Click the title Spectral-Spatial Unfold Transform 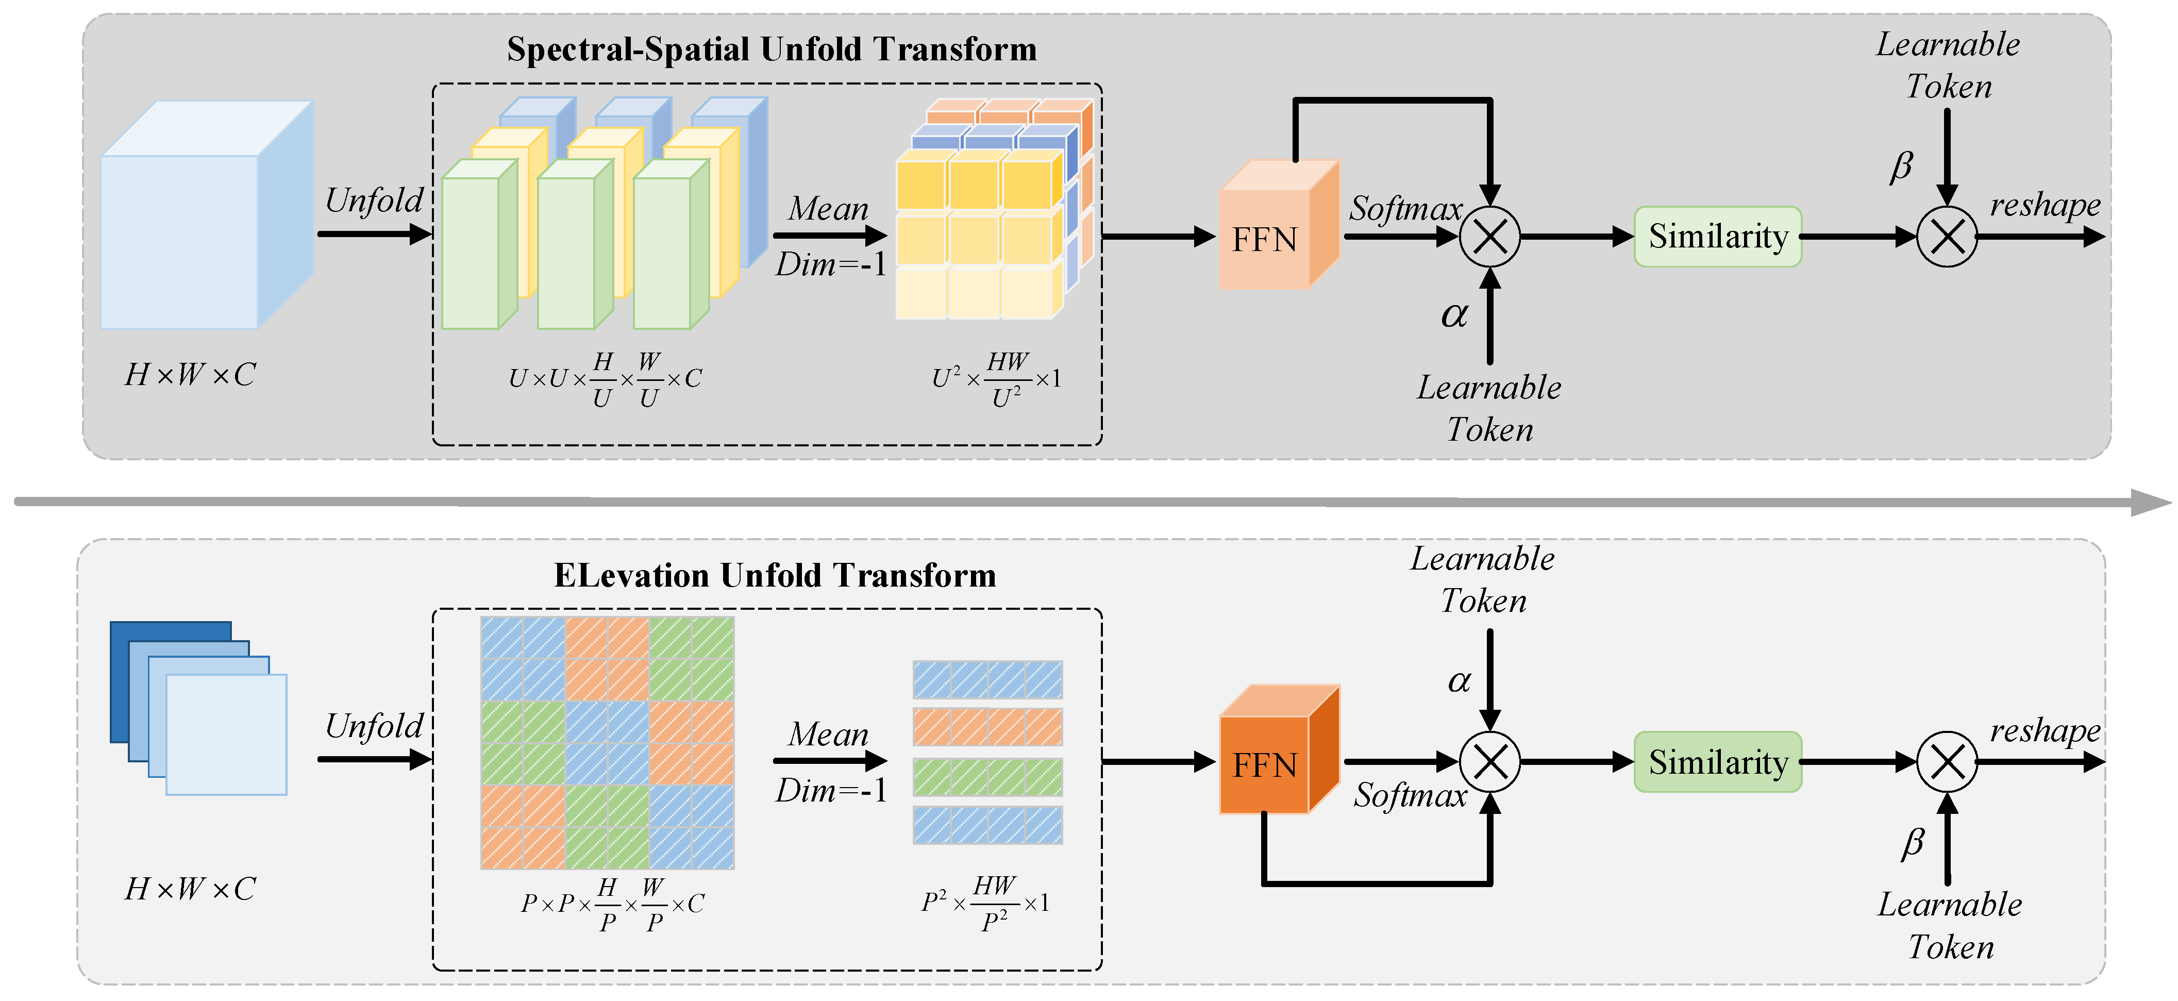click(x=771, y=49)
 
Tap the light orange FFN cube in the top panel click(x=1277, y=228)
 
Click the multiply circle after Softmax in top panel click(x=1490, y=237)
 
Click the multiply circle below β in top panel click(x=1946, y=237)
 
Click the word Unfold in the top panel click(x=374, y=201)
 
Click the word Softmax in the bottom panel click(x=1410, y=795)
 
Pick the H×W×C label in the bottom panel click(x=190, y=889)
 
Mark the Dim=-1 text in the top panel click(x=830, y=264)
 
